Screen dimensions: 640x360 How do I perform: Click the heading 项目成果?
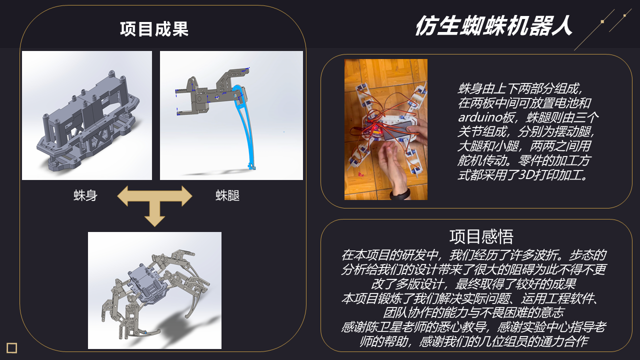point(154,29)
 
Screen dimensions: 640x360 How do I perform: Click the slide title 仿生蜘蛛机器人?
point(493,25)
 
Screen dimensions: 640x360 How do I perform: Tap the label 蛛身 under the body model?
point(85,195)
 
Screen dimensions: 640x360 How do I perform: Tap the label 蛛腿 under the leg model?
point(227,195)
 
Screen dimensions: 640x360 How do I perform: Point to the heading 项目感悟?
point(481,236)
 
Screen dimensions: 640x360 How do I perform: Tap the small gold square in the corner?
point(11,348)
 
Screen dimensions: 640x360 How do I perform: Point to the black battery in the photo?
point(396,130)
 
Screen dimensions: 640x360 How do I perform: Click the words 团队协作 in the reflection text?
point(407,312)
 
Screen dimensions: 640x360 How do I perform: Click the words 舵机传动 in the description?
point(481,160)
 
